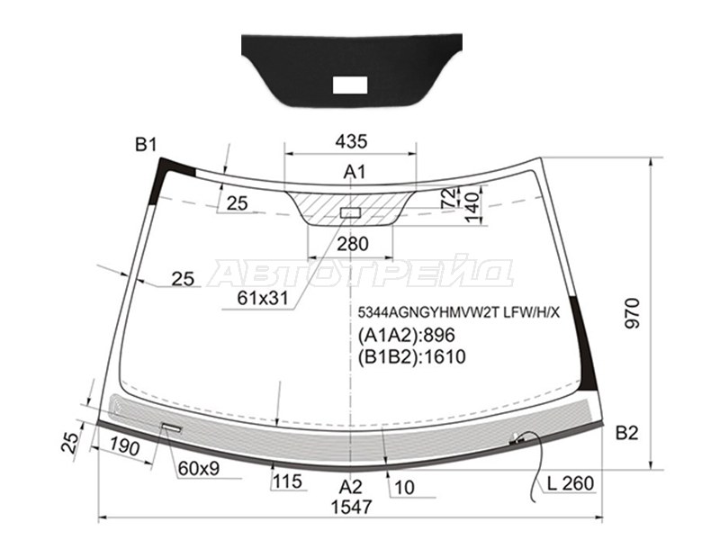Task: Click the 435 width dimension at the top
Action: click(351, 141)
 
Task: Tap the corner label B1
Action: click(146, 145)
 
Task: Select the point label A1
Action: click(355, 172)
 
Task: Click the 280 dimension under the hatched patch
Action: click(353, 244)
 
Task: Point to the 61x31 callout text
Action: click(263, 299)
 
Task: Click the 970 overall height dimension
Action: click(633, 313)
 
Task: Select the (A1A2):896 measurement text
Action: click(406, 335)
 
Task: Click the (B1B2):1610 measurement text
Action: click(411, 356)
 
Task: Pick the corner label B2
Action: click(626, 433)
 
